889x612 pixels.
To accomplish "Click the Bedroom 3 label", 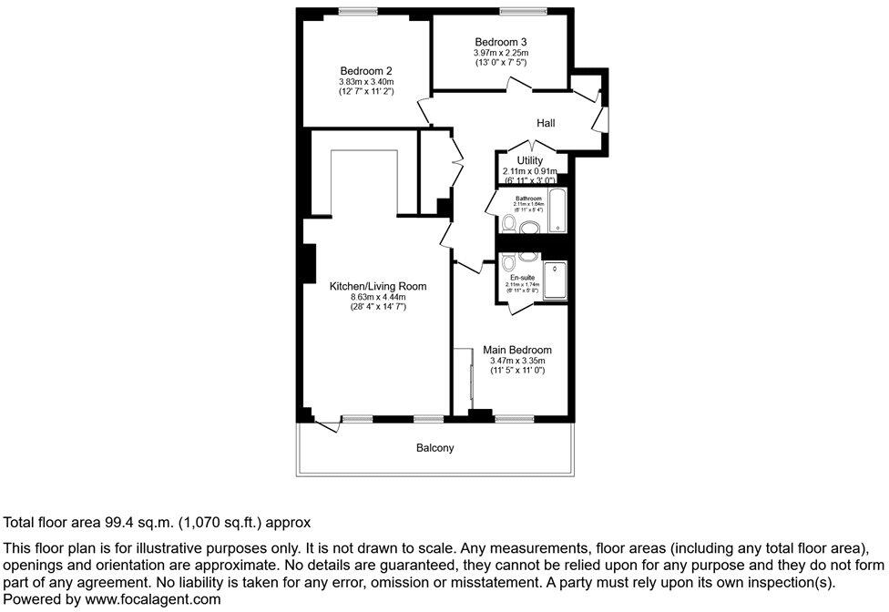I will click(500, 42).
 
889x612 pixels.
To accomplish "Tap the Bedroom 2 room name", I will click(366, 71).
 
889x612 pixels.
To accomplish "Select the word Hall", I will click(546, 123).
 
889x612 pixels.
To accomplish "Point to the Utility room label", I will click(529, 160).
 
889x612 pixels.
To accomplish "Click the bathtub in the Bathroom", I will click(557, 211).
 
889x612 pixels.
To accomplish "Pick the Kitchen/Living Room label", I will click(378, 286).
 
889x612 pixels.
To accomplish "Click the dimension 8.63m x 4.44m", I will click(378, 297).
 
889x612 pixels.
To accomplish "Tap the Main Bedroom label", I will click(516, 350).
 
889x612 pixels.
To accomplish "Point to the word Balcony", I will click(434, 448).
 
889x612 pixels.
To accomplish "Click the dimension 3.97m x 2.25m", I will click(500, 53).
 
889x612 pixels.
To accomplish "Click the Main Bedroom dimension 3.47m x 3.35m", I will click(516, 362).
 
